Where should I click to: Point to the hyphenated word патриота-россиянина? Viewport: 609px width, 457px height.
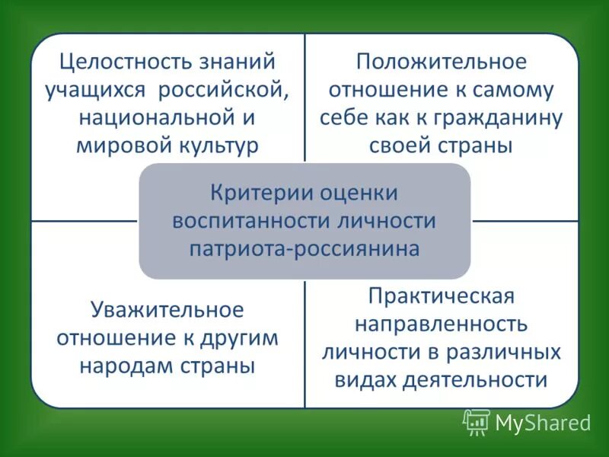tap(304, 249)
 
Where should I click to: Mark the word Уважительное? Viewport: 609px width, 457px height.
tap(167, 310)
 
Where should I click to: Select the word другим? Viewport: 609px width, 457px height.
tap(238, 338)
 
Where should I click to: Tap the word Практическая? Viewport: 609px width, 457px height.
tap(442, 296)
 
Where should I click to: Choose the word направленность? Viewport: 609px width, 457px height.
tap(442, 324)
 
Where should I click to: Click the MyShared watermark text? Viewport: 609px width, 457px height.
tap(543, 423)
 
